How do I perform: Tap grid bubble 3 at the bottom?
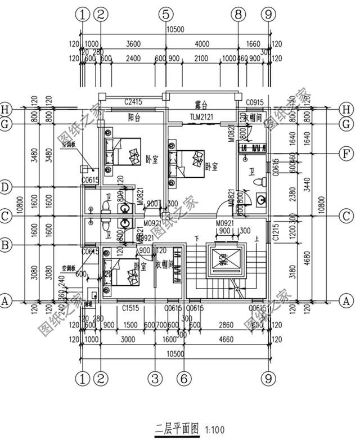click(x=155, y=379)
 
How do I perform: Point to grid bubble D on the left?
click(x=6, y=186)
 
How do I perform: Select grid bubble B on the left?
click(x=6, y=245)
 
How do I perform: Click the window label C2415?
click(x=132, y=102)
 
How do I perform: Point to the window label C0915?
click(x=255, y=102)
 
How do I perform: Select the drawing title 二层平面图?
click(x=177, y=428)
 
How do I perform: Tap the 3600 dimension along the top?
click(x=133, y=44)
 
